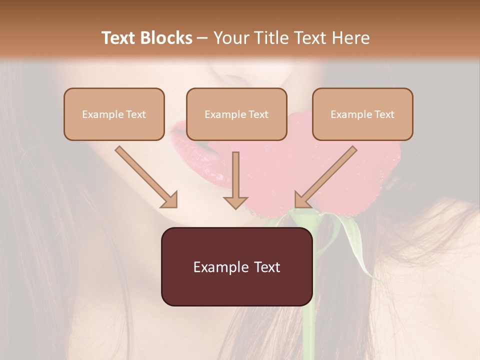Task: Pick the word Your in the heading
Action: pos(230,38)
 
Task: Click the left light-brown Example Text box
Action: pos(114,114)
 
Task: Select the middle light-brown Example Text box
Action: pos(236,114)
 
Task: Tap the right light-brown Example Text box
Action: pos(362,114)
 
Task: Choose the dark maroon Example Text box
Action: pos(236,266)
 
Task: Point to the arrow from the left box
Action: pos(145,176)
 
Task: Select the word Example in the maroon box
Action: pos(219,267)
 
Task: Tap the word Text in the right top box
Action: pos(384,114)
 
